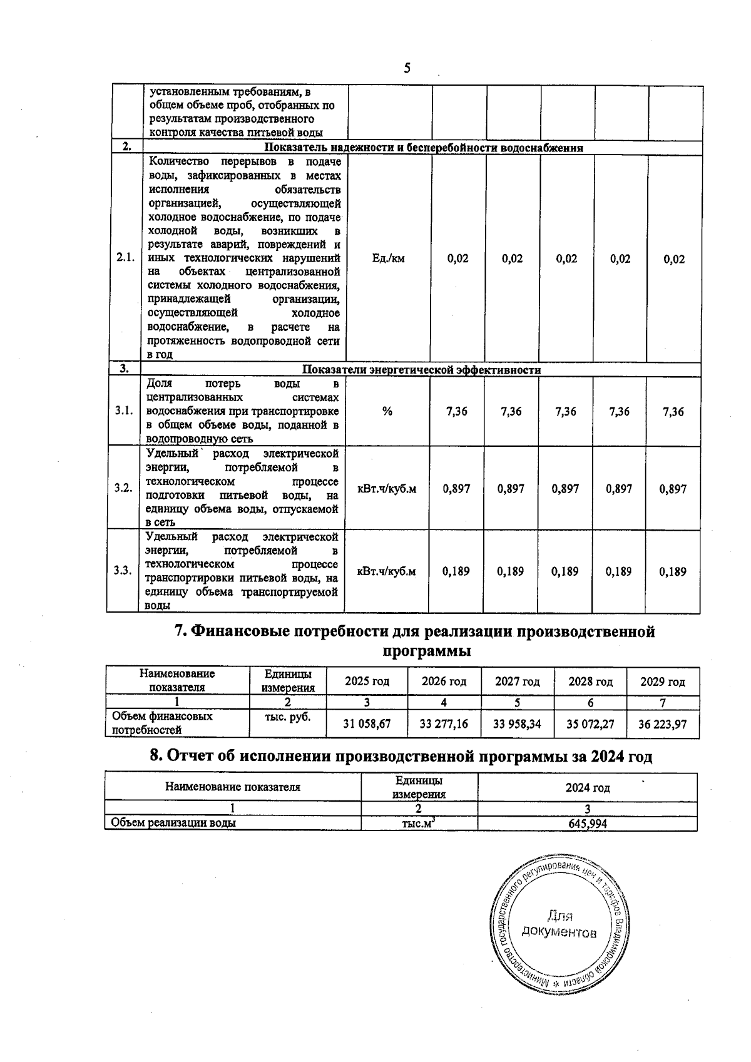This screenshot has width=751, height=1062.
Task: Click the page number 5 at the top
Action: [x=407, y=68]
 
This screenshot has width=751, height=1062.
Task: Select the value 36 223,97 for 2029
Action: [x=662, y=724]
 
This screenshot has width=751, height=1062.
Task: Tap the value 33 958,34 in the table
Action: [x=517, y=724]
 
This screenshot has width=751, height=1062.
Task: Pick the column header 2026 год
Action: [x=444, y=682]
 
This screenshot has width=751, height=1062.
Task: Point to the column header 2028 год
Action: [x=590, y=682]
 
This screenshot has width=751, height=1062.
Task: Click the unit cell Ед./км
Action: [x=388, y=258]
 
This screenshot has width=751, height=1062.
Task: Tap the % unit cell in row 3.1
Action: [x=387, y=411]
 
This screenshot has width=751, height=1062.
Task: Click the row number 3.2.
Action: [x=123, y=488]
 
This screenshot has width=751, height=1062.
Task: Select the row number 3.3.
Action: [x=123, y=571]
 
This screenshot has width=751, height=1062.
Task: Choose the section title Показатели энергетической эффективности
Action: [x=421, y=370]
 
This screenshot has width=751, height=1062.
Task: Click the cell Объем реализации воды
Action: [x=173, y=824]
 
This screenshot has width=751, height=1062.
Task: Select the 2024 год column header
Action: [x=587, y=788]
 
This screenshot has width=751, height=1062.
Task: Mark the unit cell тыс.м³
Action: [x=419, y=824]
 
